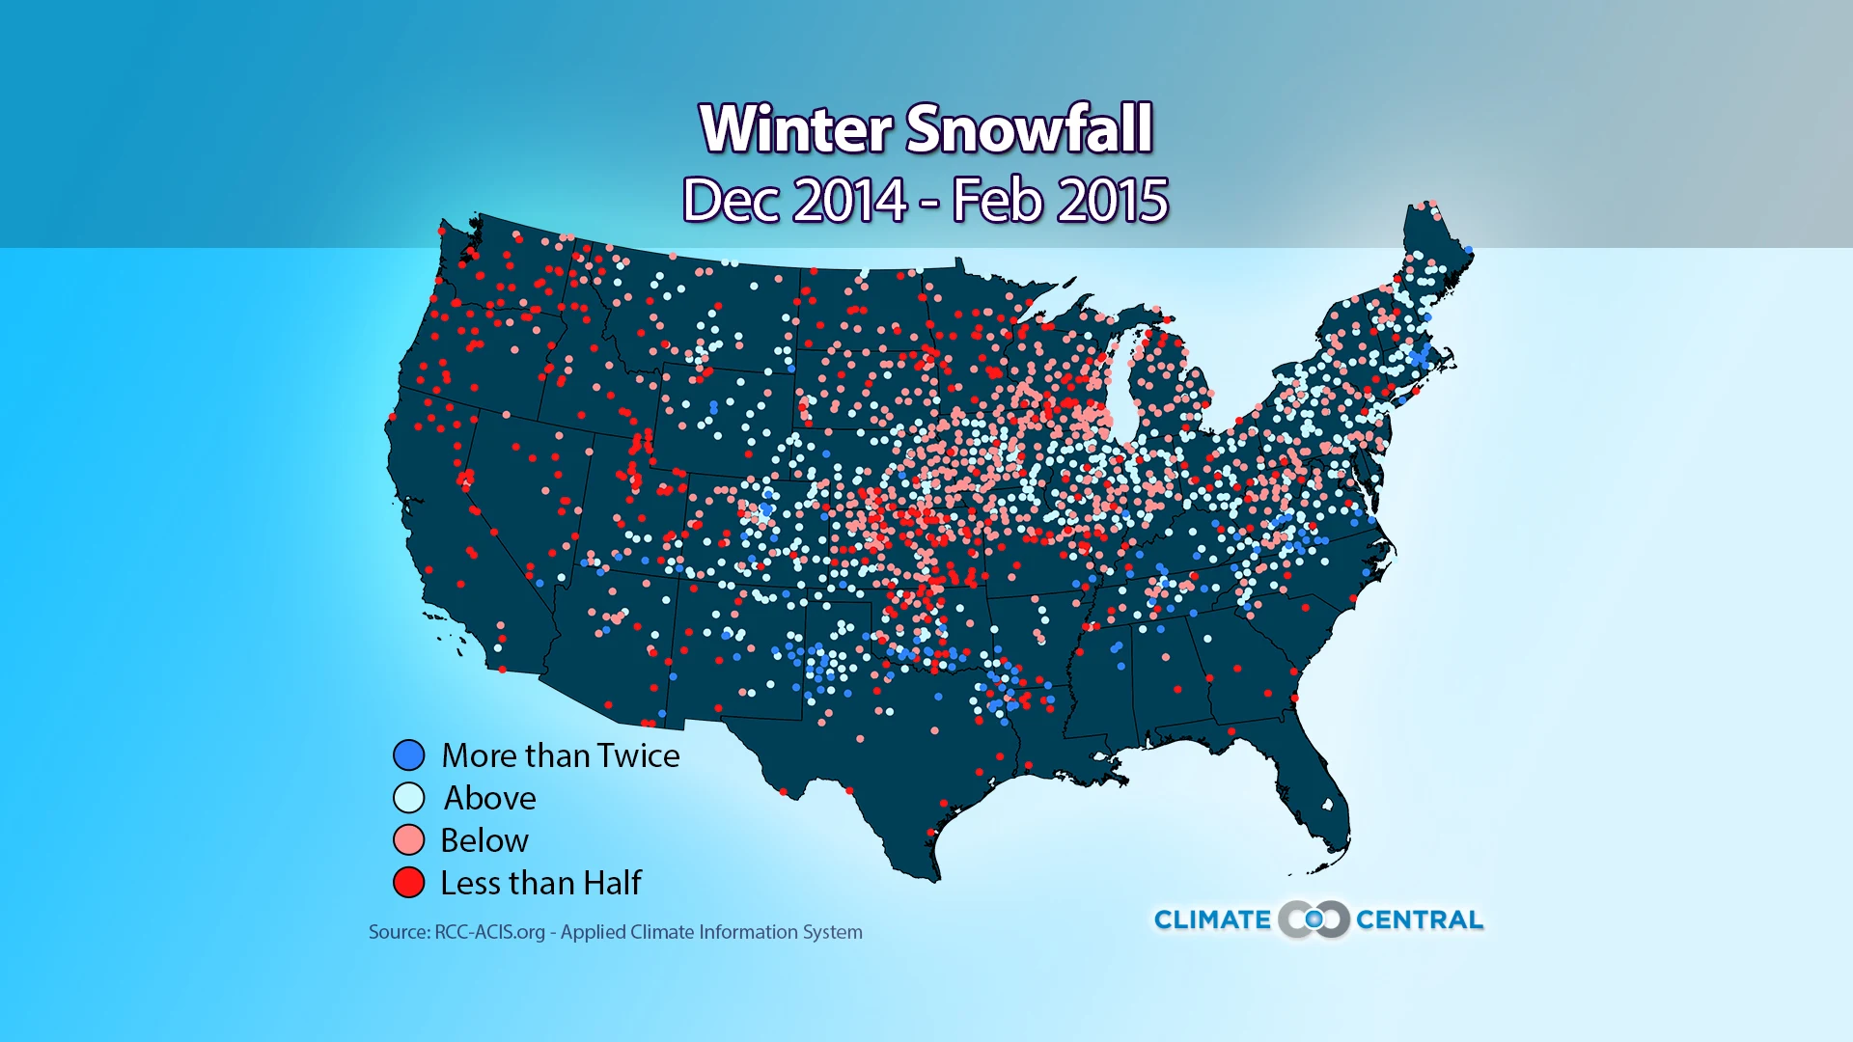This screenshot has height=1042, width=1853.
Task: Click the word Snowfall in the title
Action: pos(1029,129)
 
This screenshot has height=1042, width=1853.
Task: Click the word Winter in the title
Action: pos(796,129)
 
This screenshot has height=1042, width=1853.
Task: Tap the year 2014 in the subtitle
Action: pos(850,201)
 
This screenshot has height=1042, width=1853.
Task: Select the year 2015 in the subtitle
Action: pos(1113,201)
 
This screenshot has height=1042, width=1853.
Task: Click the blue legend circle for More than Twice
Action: pos(409,754)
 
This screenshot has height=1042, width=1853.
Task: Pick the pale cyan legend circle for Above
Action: pos(409,798)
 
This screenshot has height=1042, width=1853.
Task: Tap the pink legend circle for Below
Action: pos(409,840)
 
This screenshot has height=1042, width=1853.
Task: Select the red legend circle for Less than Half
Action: pos(409,883)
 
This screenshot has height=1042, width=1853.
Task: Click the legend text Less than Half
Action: pos(540,883)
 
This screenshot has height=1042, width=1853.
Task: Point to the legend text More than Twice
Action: pos(560,755)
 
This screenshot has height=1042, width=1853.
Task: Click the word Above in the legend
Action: pos(489,799)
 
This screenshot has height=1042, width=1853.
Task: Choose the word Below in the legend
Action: pos(484,840)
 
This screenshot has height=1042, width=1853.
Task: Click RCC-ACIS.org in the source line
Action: pos(489,932)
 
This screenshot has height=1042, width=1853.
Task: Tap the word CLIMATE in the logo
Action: pos(1212,920)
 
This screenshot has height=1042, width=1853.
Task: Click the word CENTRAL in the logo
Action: pos(1419,920)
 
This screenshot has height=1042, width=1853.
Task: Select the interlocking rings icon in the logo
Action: pos(1314,919)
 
